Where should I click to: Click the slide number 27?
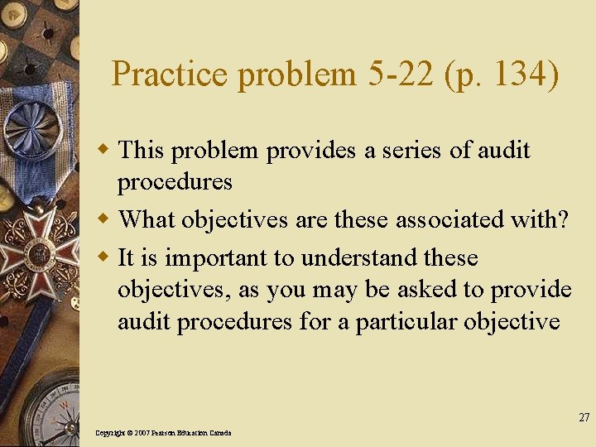(x=584, y=417)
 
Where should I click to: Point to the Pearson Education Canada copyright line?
(x=163, y=433)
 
